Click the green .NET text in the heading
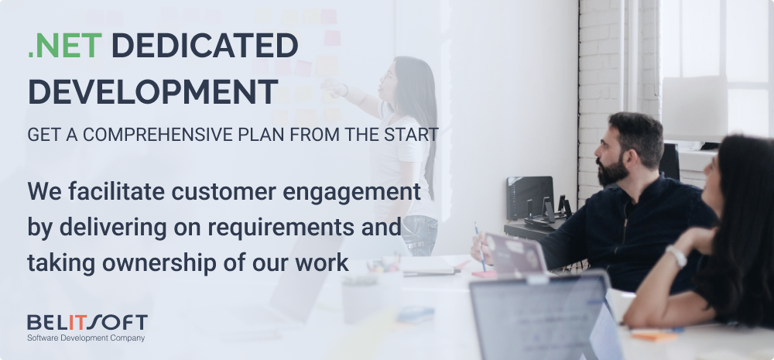point(65,46)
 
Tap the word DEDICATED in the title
point(205,46)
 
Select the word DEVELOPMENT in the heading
point(153,91)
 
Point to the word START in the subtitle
point(412,134)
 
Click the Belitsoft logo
point(87,323)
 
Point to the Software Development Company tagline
point(86,338)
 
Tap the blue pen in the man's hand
point(480,246)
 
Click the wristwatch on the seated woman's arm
point(676,255)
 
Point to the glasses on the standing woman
point(388,77)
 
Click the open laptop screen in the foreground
point(540,318)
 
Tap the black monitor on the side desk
point(529,197)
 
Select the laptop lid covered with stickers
point(516,254)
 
